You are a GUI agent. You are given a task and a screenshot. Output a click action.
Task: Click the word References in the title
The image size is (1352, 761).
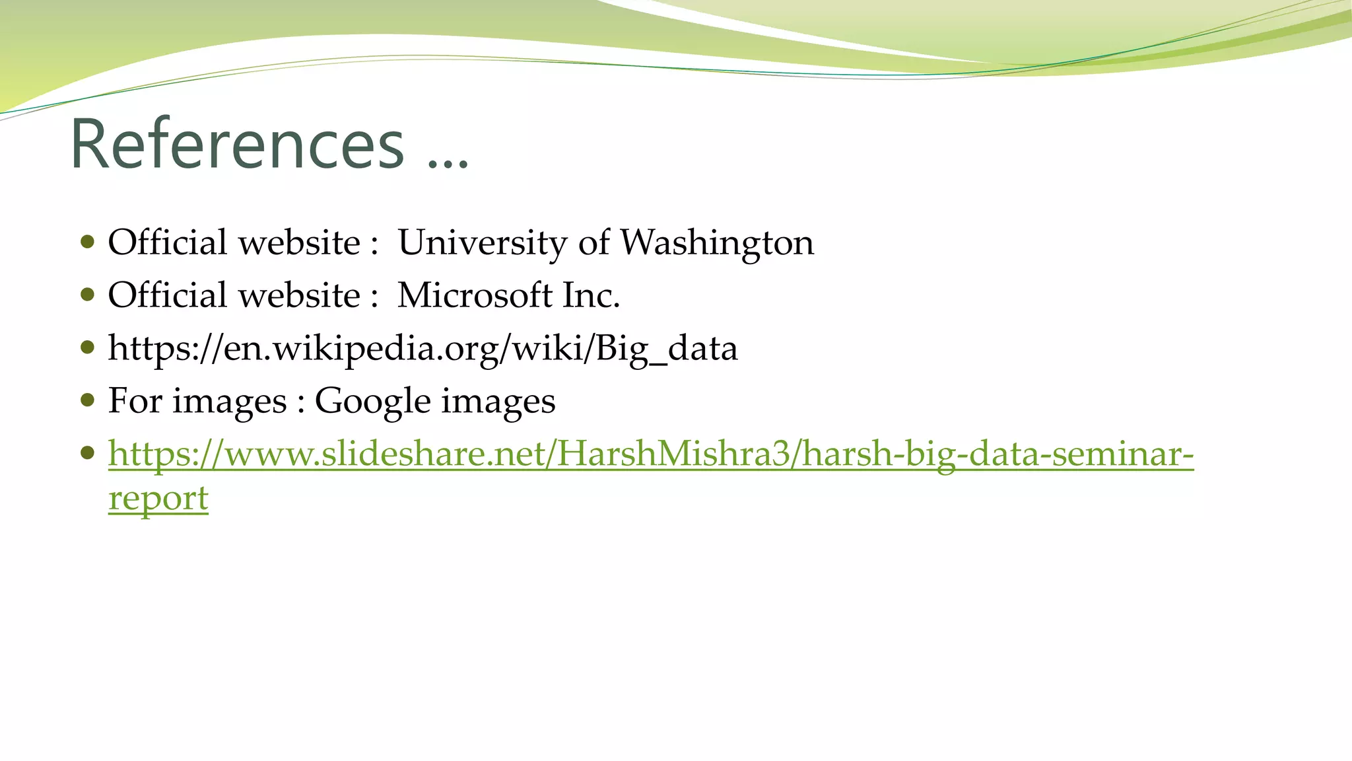236,144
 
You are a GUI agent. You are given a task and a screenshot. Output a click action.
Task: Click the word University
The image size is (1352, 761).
482,242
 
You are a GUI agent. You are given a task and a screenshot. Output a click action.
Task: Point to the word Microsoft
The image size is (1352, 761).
475,295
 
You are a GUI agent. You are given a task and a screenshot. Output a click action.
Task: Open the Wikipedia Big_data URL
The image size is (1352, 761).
422,348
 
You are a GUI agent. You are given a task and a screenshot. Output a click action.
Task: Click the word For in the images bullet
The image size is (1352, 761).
135,401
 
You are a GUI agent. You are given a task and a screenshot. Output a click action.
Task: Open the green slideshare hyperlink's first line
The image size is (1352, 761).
651,454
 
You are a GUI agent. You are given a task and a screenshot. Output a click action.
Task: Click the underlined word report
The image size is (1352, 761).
158,498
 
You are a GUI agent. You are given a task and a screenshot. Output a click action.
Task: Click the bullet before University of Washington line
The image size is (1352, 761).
87,241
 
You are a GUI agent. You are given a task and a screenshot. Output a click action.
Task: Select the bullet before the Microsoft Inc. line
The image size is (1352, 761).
87,294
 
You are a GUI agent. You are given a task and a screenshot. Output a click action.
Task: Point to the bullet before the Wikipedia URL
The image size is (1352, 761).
87,347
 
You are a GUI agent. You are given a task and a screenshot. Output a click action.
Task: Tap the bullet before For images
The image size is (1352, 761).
87,400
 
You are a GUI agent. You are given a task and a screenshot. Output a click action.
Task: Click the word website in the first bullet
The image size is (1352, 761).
299,242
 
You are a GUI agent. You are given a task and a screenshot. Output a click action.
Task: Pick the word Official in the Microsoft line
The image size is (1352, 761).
167,295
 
